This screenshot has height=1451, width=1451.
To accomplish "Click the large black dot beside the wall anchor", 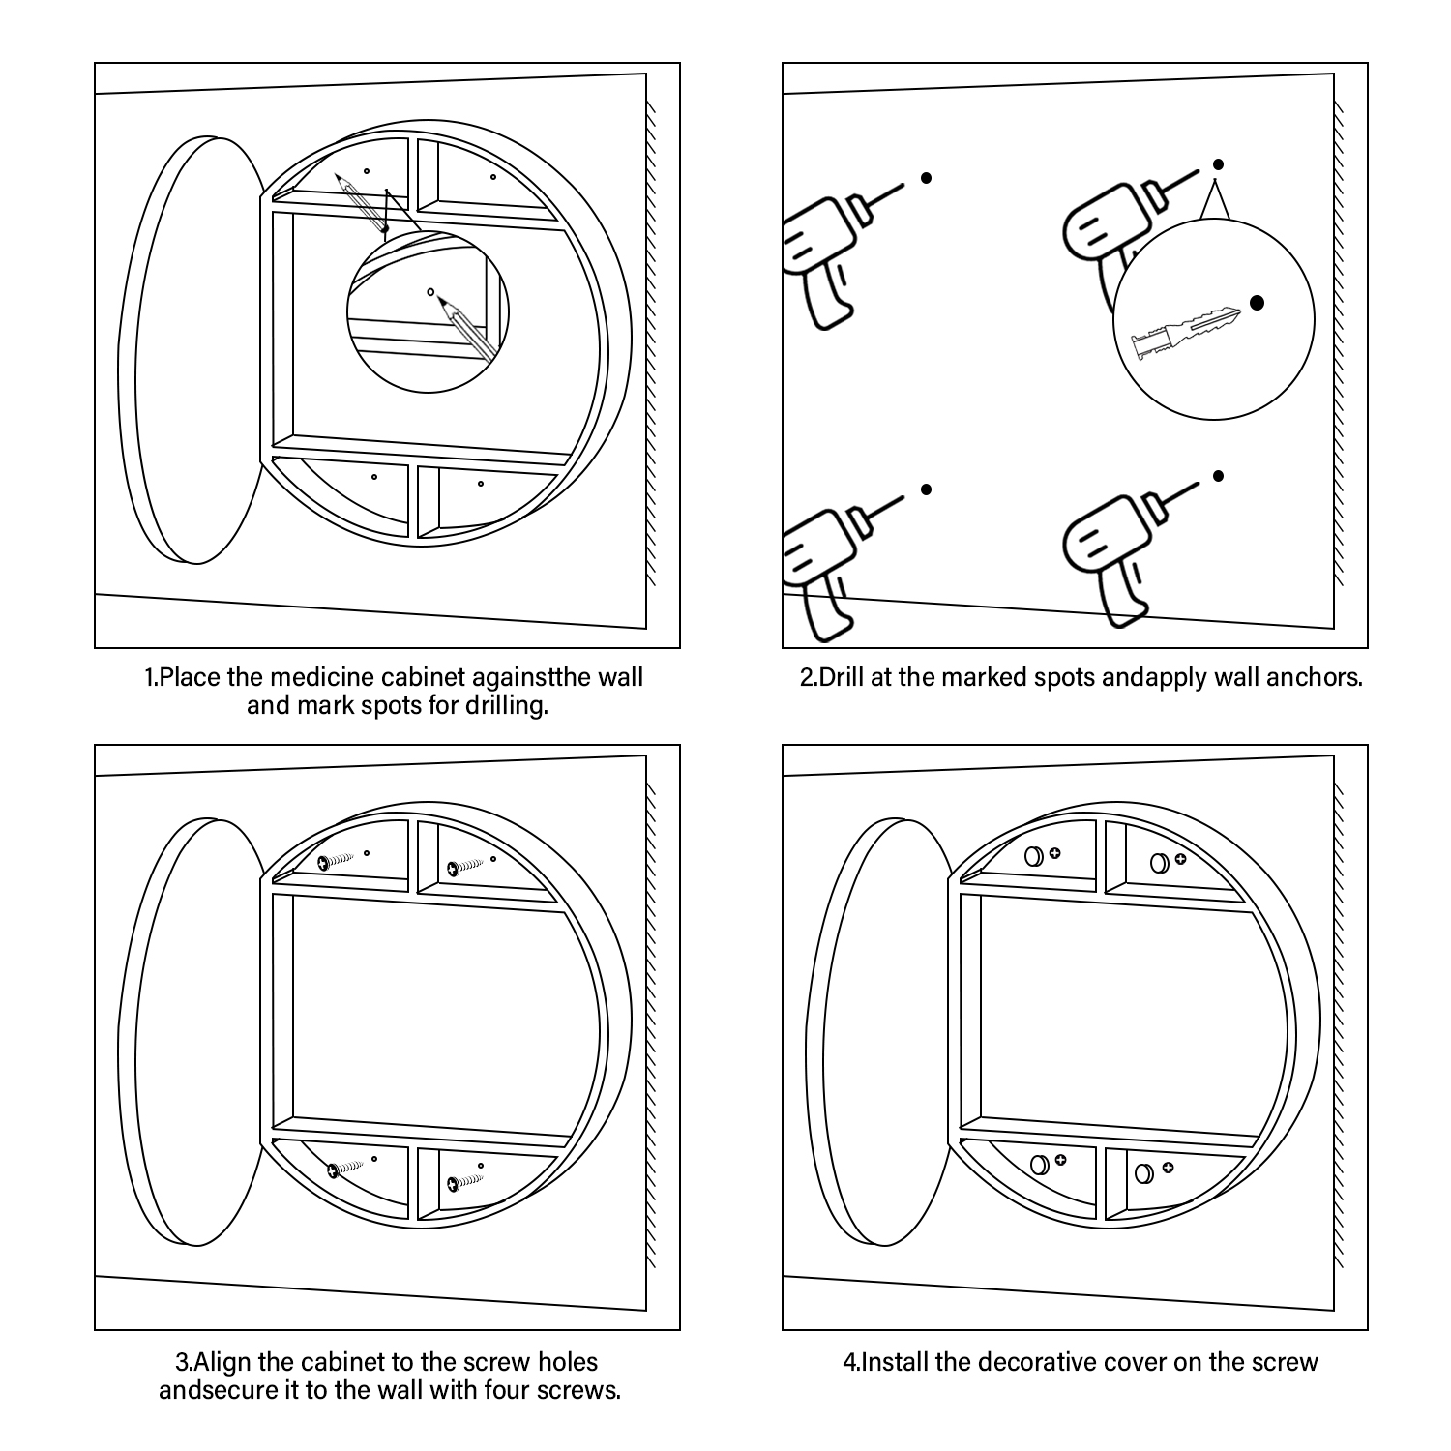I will pyautogui.click(x=1257, y=303).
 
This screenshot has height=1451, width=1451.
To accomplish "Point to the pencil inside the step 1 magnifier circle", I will pyautogui.click(x=467, y=326).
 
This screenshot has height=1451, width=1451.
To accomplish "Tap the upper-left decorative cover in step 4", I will pyautogui.click(x=1032, y=855).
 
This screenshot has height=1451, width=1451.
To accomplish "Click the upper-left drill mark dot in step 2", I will pyautogui.click(x=926, y=178).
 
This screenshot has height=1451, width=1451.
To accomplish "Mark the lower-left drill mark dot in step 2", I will pyautogui.click(x=926, y=489).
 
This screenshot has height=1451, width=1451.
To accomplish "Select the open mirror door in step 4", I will pyautogui.click(x=877, y=1033).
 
